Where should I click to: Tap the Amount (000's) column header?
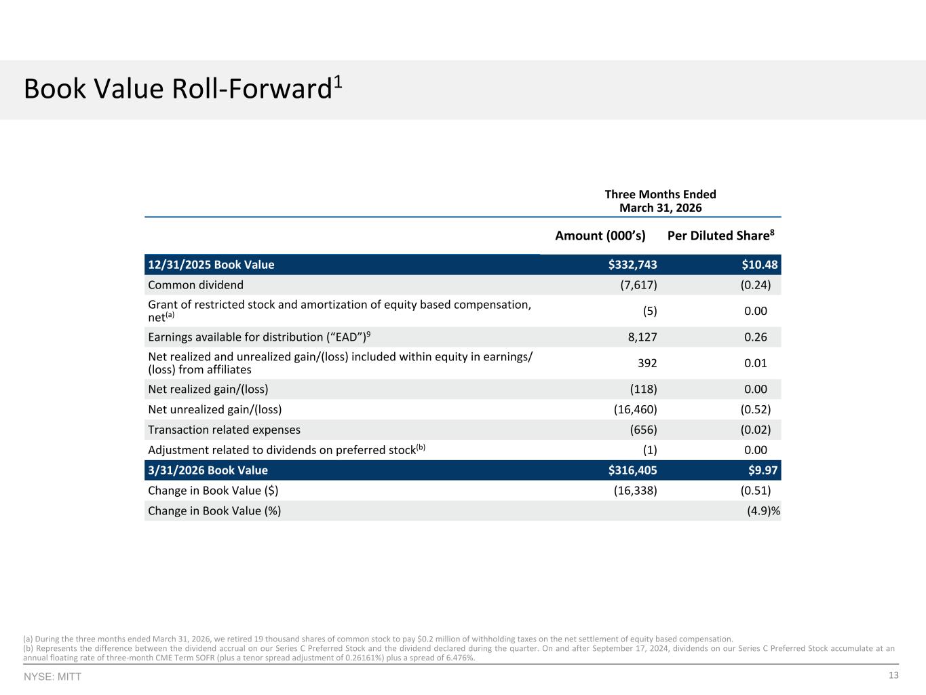(600, 236)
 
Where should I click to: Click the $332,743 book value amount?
(632, 265)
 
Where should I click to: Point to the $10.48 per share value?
(759, 265)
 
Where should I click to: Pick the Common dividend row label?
(196, 285)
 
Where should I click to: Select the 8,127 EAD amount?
(642, 337)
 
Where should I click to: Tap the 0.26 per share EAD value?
(756, 337)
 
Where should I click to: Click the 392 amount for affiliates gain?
(647, 363)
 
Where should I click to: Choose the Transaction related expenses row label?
(224, 430)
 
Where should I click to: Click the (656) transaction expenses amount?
(643, 430)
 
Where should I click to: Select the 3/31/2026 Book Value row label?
(208, 470)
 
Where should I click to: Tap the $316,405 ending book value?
(632, 470)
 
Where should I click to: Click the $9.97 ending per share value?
(763, 470)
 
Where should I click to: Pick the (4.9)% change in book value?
(764, 511)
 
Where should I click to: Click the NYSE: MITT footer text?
(52, 677)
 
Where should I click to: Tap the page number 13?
(893, 675)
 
